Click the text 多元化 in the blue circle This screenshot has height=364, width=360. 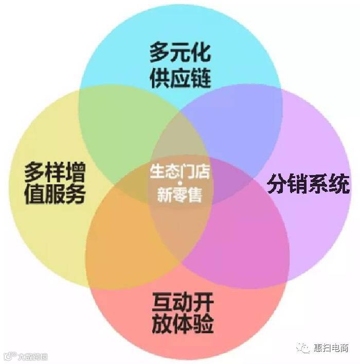[180, 53]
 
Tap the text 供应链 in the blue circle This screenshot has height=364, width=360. [180, 77]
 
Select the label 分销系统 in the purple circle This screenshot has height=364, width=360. [308, 184]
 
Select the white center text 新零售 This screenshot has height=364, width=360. [180, 195]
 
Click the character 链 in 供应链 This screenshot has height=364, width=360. [201, 77]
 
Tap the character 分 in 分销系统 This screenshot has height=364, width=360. [277, 184]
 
